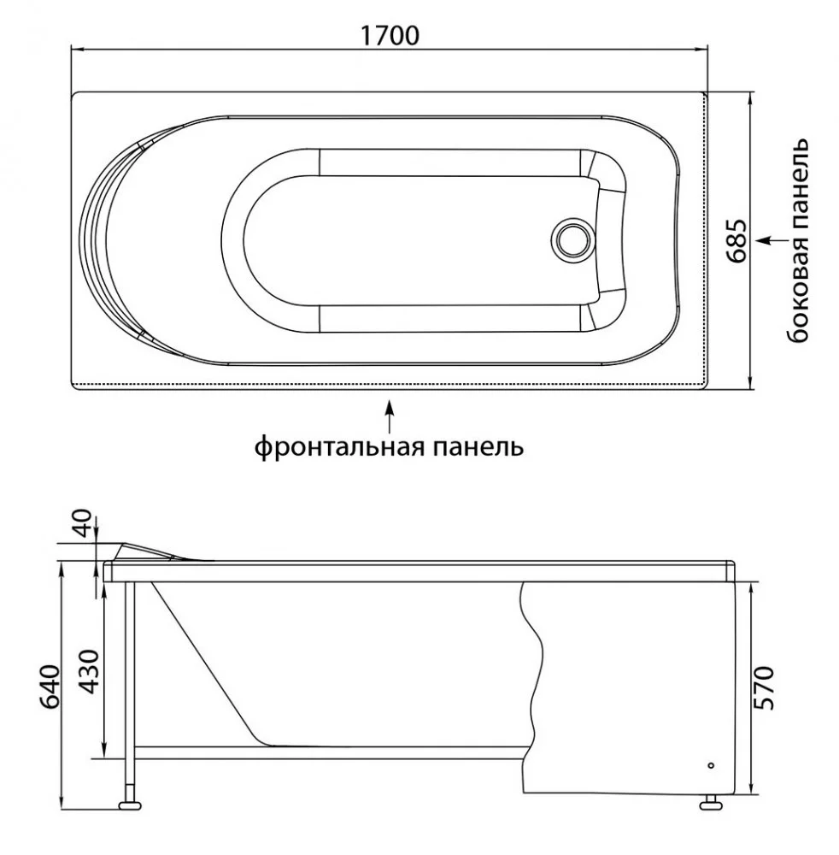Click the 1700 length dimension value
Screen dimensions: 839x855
tap(390, 36)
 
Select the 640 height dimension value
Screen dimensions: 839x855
tap(51, 686)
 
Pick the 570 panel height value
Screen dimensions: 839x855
tap(763, 687)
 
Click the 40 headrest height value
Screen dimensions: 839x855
tap(85, 523)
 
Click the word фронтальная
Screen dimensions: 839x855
tap(340, 447)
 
